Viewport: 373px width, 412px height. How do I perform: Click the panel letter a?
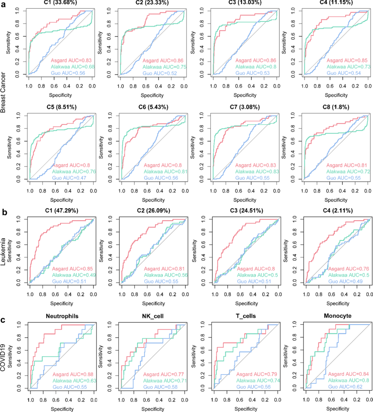pos(3,6)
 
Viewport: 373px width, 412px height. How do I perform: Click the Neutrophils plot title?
pos(62,316)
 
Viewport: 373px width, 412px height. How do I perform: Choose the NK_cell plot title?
pos(153,316)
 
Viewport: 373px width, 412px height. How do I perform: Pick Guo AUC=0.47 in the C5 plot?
pos(69,178)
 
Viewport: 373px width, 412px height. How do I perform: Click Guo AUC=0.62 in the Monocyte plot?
pos(345,387)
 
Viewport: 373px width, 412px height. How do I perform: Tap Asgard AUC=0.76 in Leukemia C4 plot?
pos(348,269)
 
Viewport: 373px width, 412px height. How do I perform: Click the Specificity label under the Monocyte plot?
pos(338,409)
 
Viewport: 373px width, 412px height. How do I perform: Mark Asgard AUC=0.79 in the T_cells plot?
pos(256,374)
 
